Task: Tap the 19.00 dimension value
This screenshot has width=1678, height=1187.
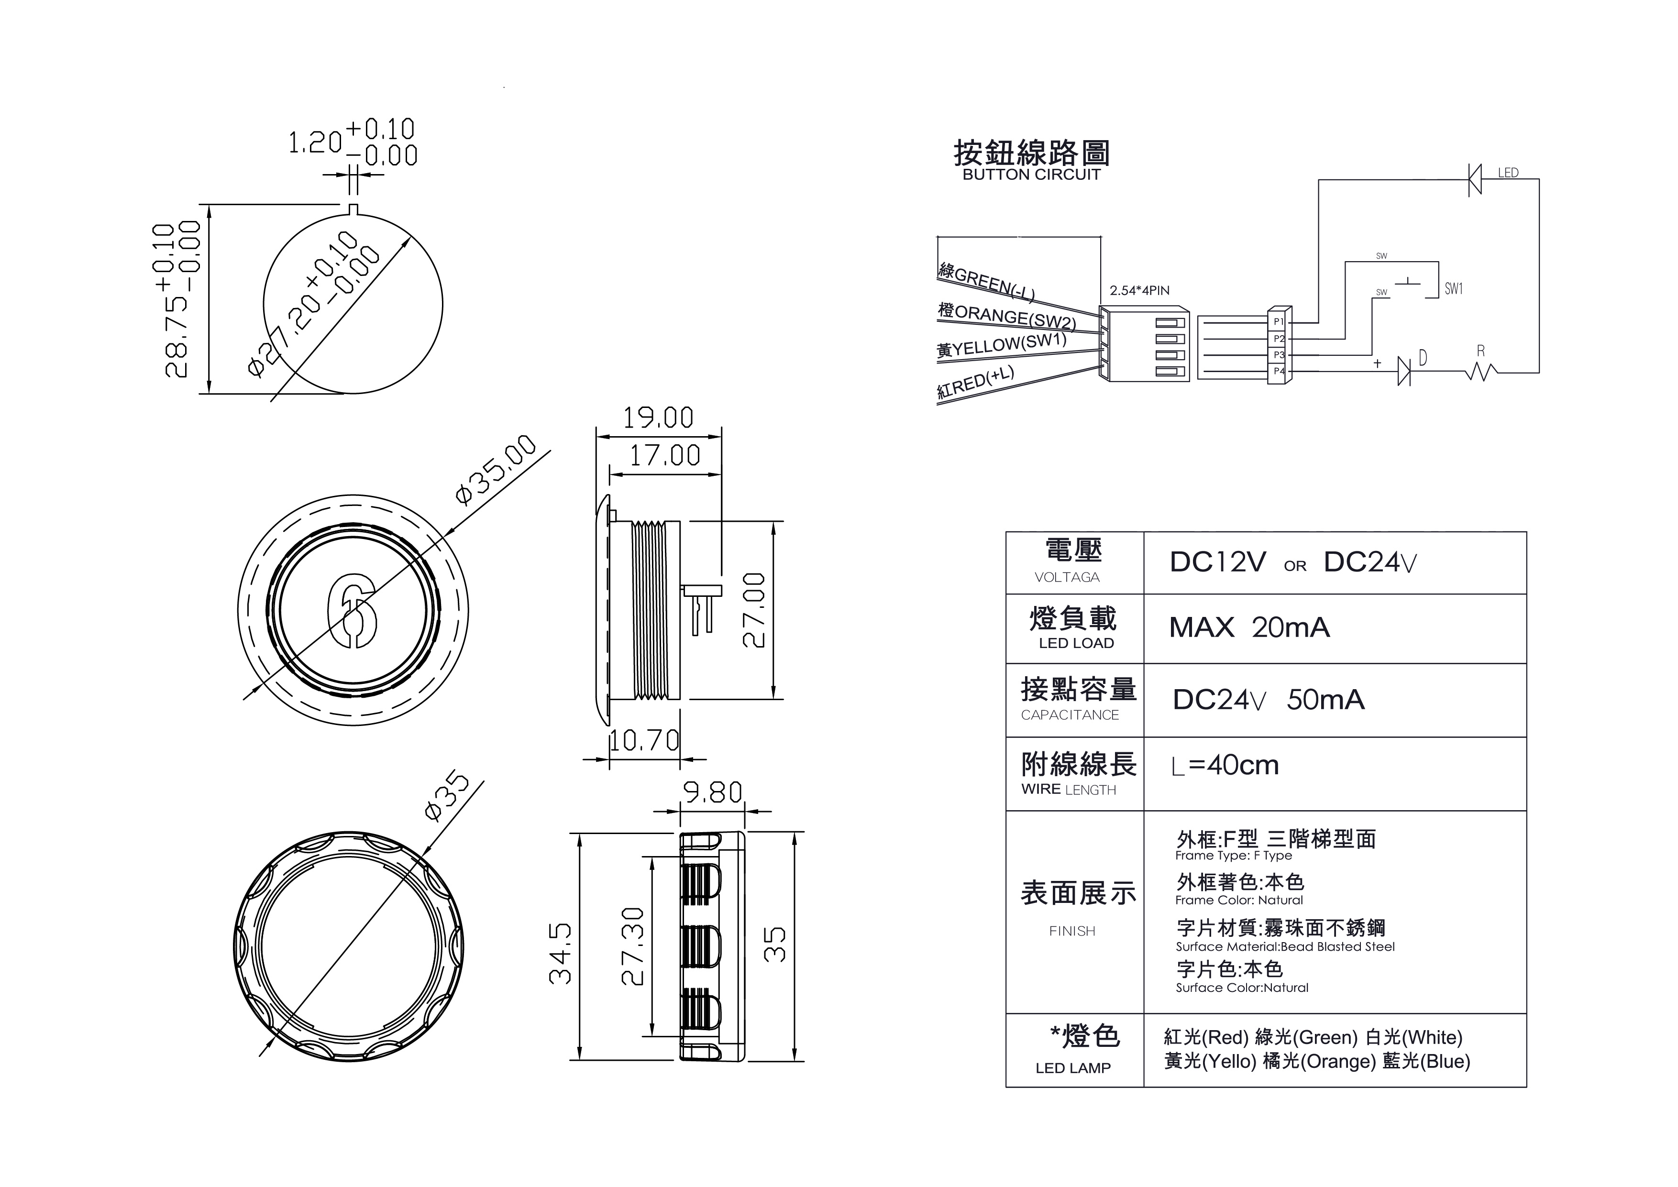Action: pyautogui.click(x=658, y=418)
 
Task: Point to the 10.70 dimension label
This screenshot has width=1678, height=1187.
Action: pyautogui.click(x=644, y=740)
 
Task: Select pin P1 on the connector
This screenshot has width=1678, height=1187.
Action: pyautogui.click(x=1278, y=321)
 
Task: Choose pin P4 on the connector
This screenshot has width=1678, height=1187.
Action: pyautogui.click(x=1278, y=371)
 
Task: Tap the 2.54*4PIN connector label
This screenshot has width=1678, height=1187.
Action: pyautogui.click(x=1139, y=290)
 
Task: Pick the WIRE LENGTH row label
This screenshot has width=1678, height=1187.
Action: pyautogui.click(x=1069, y=790)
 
